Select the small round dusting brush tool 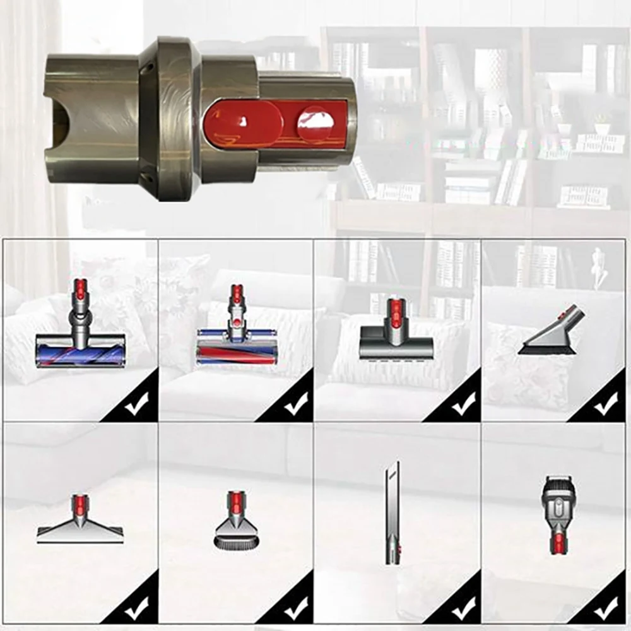click(235, 527)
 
